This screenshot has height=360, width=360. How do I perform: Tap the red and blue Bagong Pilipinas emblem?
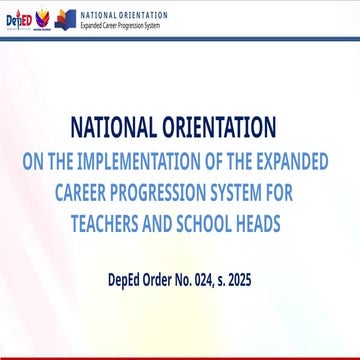[x=42, y=19]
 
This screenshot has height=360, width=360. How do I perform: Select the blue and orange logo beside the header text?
[x=65, y=19]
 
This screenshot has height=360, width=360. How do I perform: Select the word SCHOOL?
[x=214, y=219]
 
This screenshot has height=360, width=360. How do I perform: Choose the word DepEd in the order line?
[x=128, y=282]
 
